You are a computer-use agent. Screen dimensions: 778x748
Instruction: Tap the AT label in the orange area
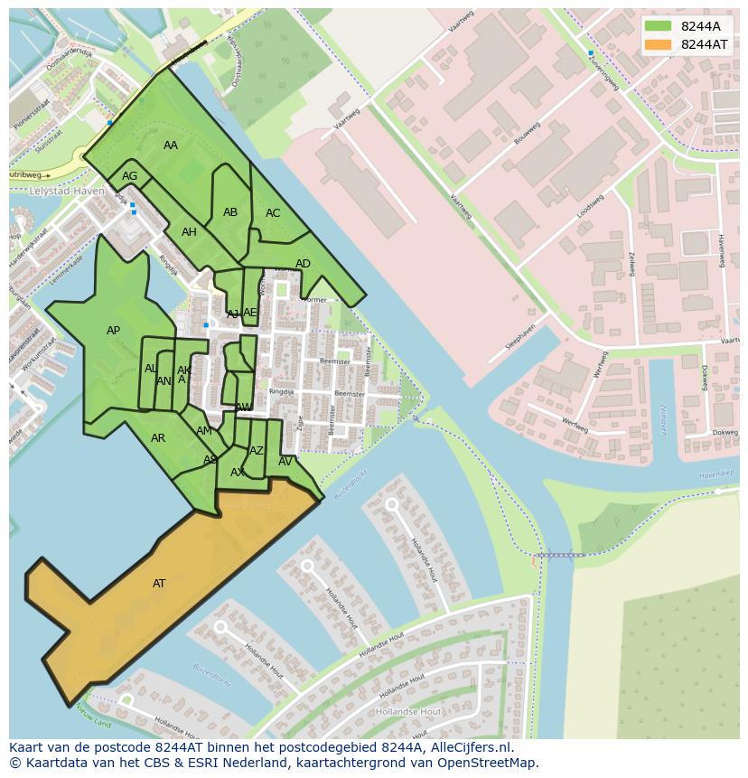pos(159,584)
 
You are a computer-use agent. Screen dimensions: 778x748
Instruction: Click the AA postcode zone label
pos(171,145)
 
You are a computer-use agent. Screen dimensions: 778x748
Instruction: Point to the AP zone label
pos(113,331)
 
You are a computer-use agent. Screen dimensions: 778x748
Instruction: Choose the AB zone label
pos(230,212)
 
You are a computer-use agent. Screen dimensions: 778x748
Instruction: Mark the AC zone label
pos(273,213)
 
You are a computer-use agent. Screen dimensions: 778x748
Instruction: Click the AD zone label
pos(303,264)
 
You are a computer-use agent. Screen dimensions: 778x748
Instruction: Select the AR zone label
pos(158,438)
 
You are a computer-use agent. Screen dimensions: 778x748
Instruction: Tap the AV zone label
pos(285,462)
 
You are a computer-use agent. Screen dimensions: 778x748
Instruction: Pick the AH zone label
pos(189,232)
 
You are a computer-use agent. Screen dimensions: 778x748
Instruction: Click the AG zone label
pos(130,176)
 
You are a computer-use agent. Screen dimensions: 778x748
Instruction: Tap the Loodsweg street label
pos(590,206)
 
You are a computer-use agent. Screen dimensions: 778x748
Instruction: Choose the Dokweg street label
pos(725,432)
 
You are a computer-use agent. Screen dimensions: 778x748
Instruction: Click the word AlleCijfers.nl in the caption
pos(463,747)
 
